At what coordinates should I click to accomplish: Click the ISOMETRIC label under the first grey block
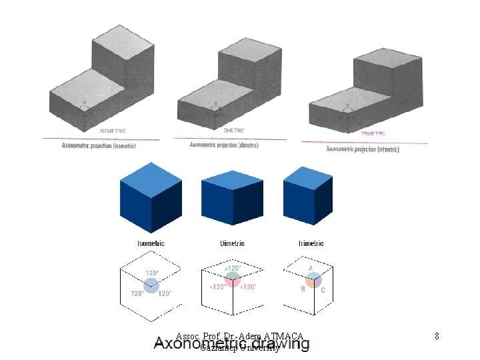[113, 131]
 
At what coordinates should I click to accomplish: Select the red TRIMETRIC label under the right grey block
[373, 133]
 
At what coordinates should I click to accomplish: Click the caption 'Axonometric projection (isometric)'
[99, 145]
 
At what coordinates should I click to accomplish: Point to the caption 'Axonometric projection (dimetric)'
[224, 145]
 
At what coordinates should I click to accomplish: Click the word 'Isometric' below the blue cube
[151, 243]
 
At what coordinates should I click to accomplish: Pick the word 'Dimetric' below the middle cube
[232, 243]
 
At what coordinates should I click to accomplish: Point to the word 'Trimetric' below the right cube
[311, 243]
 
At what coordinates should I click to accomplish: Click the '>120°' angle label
[233, 267]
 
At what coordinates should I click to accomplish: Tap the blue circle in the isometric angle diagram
[151, 287]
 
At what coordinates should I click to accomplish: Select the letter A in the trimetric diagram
[310, 267]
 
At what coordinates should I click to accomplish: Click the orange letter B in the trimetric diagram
[303, 289]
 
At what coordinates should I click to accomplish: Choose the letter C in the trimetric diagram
[323, 290]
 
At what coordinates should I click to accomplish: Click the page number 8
[437, 336]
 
